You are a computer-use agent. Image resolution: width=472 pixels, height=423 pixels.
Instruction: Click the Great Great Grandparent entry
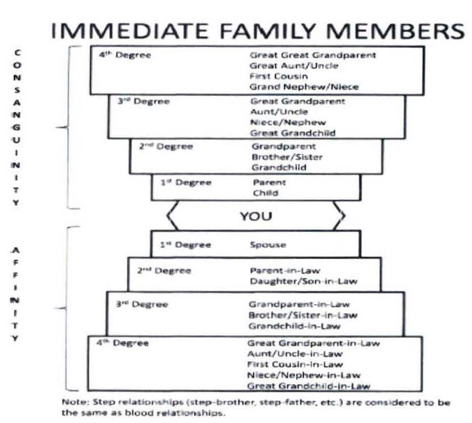(x=313, y=55)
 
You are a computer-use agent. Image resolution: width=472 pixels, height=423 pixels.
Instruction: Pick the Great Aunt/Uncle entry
(x=286, y=65)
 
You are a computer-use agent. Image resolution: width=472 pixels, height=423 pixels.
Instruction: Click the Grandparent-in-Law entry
(x=299, y=305)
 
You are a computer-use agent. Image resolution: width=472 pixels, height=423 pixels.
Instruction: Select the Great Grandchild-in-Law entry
(x=308, y=386)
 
